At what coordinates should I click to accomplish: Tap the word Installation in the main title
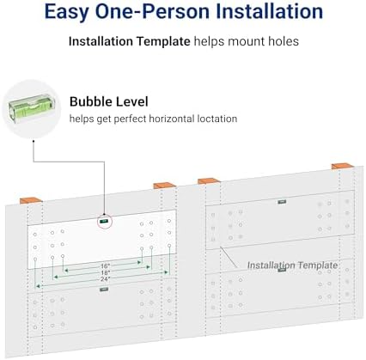click(x=269, y=11)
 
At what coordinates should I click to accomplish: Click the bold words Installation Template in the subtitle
click(x=129, y=41)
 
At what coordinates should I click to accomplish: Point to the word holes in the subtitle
click(x=284, y=41)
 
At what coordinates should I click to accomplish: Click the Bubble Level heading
click(x=109, y=101)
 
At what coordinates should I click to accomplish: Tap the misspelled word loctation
click(x=217, y=119)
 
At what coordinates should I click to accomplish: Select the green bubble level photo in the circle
click(x=31, y=108)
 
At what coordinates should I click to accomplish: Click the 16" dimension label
click(x=105, y=266)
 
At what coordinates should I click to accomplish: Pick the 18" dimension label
click(x=105, y=272)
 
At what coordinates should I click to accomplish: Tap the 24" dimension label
click(x=105, y=279)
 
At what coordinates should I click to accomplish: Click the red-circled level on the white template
click(x=104, y=221)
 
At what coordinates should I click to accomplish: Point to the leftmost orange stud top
click(x=31, y=200)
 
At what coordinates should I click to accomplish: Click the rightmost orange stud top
click(x=343, y=166)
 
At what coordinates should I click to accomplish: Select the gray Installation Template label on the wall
click(x=292, y=265)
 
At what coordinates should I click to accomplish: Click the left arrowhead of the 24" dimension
click(x=38, y=286)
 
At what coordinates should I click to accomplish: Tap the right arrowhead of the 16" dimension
click(x=140, y=262)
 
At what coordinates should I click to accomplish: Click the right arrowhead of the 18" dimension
click(x=148, y=267)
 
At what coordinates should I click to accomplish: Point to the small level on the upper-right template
click(x=282, y=202)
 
